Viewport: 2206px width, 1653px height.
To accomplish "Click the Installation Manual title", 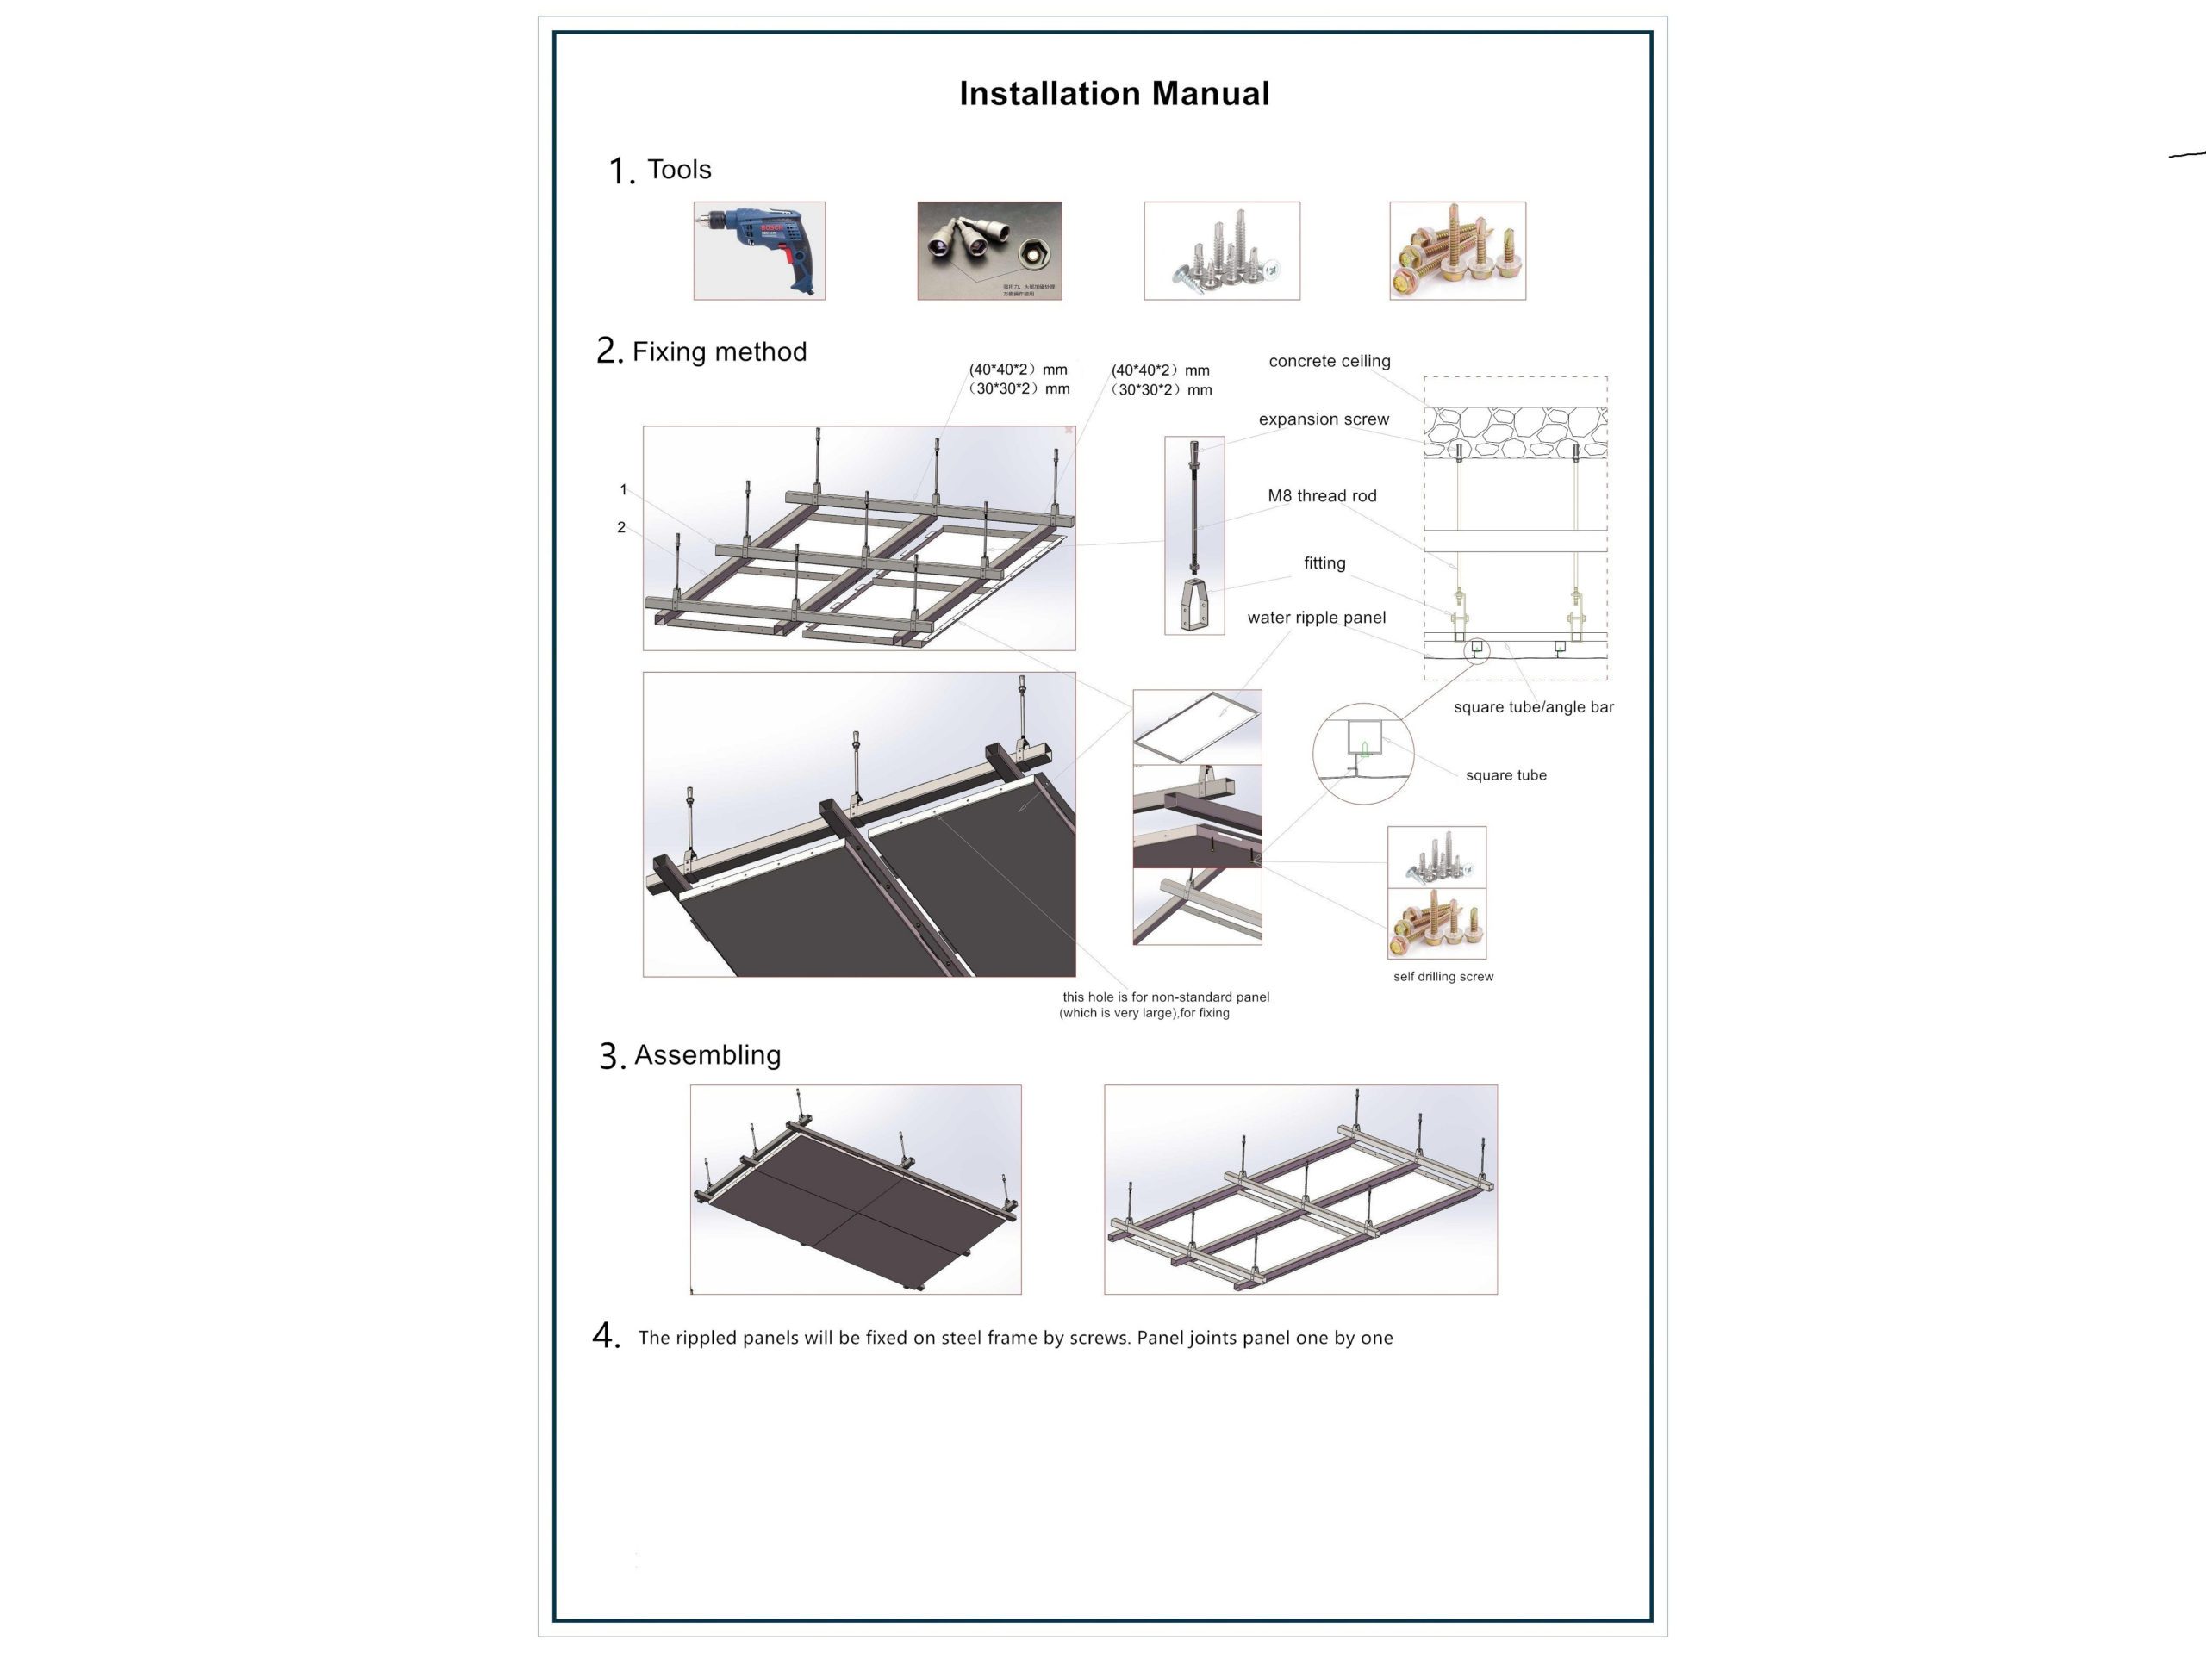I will tap(1114, 94).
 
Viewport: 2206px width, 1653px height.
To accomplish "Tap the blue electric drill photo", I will tap(759, 251).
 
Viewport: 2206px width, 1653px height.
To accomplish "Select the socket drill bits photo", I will tap(988, 251).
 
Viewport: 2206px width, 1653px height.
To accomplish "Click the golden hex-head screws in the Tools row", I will tap(1457, 251).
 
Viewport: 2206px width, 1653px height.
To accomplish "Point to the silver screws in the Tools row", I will tap(1222, 251).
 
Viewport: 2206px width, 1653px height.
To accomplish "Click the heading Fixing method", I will tap(718, 352).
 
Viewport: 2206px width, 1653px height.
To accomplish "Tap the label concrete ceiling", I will tap(1329, 361).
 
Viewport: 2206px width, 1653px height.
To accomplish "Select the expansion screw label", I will tap(1324, 419).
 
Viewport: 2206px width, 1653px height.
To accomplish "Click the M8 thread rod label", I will tap(1321, 495).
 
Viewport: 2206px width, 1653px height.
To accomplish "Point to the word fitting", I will tap(1324, 563).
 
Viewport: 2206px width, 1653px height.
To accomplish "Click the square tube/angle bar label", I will tap(1533, 707).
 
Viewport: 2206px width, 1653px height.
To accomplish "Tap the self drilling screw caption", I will tap(1443, 977).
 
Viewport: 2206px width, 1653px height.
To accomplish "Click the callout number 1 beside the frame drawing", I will tap(623, 489).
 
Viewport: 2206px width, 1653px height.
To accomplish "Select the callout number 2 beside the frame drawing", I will tap(621, 527).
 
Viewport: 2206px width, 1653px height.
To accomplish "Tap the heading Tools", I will tap(678, 170).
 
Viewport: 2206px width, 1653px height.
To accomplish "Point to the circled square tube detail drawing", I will tap(1362, 754).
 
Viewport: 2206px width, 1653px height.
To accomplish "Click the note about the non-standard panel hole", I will tap(1164, 1005).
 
